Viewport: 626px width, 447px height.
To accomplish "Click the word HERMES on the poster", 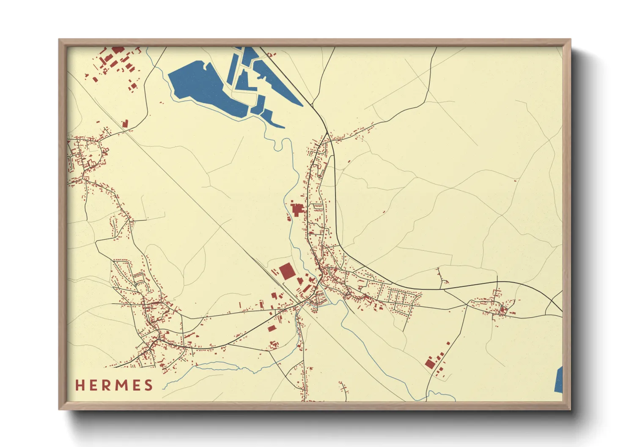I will pos(114,385).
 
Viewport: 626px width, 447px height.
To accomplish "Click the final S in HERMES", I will pos(148,385).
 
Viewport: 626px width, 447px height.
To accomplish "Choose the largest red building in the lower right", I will pos(430,364).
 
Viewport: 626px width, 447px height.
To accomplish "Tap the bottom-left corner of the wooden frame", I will pos(60,409).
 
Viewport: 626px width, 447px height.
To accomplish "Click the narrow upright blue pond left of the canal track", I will pos(232,70).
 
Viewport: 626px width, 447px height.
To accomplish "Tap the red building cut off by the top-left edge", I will pos(118,49).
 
